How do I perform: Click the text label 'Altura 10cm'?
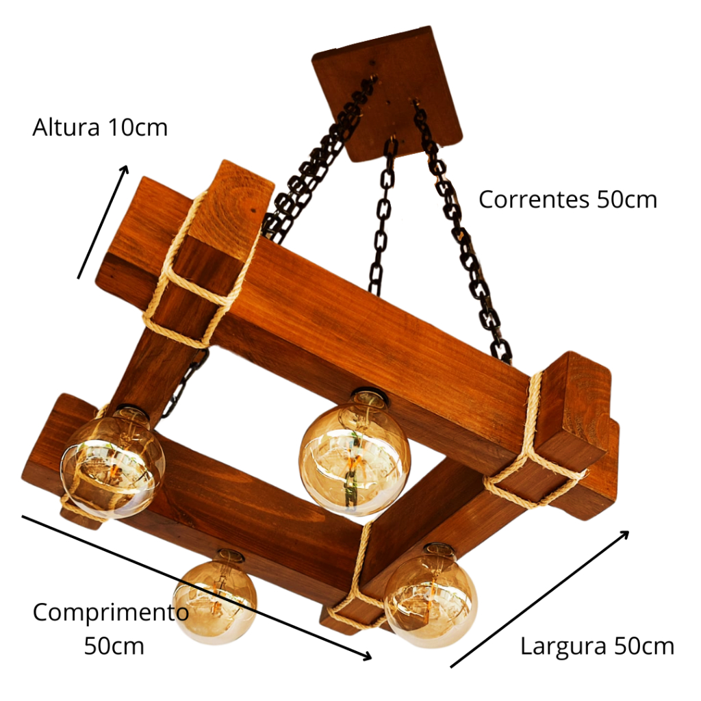pos(100,128)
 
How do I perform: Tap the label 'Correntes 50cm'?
pos(568,200)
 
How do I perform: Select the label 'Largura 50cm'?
pos(597,646)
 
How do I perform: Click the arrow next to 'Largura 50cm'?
pos(539,598)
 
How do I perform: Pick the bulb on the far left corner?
pos(112,461)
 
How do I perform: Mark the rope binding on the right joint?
pos(534,452)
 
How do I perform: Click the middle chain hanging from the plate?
pos(382,219)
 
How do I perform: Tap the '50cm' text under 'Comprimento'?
pos(114,646)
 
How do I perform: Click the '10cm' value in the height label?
pos(137,128)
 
